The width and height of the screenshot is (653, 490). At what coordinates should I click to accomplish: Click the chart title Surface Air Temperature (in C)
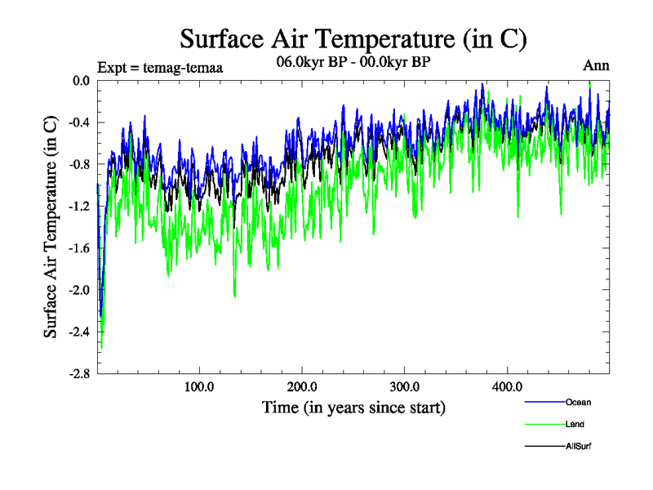tap(353, 38)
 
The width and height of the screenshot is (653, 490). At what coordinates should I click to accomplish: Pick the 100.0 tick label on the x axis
tap(199, 386)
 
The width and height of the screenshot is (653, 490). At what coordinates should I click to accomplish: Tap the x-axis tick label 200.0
tap(302, 386)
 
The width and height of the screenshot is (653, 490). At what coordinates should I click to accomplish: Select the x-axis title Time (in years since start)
tap(353, 406)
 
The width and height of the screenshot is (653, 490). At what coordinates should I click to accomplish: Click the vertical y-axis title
tap(51, 227)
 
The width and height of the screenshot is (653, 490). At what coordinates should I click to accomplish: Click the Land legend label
tap(575, 424)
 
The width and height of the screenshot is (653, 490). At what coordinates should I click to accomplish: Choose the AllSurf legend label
tap(578, 447)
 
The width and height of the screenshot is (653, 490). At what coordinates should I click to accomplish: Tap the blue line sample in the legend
tap(544, 402)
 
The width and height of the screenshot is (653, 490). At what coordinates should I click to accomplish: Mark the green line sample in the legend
tap(544, 424)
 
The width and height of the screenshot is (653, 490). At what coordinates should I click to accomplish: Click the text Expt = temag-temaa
tap(160, 68)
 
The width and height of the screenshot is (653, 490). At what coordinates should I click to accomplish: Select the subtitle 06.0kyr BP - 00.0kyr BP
tap(353, 63)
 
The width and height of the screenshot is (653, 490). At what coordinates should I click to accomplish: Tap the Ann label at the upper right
tap(596, 66)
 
